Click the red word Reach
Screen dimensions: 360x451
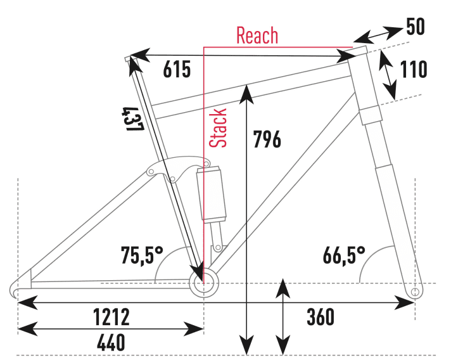coord(257,35)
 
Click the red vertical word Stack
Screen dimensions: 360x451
coord(219,128)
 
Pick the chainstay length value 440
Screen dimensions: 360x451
coord(111,343)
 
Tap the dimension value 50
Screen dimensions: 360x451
coord(415,27)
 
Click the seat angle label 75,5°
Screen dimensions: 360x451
coord(143,255)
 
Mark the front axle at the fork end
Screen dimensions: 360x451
coord(415,292)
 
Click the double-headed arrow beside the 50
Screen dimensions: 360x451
coord(379,32)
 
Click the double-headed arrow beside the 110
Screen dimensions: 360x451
coord(387,75)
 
